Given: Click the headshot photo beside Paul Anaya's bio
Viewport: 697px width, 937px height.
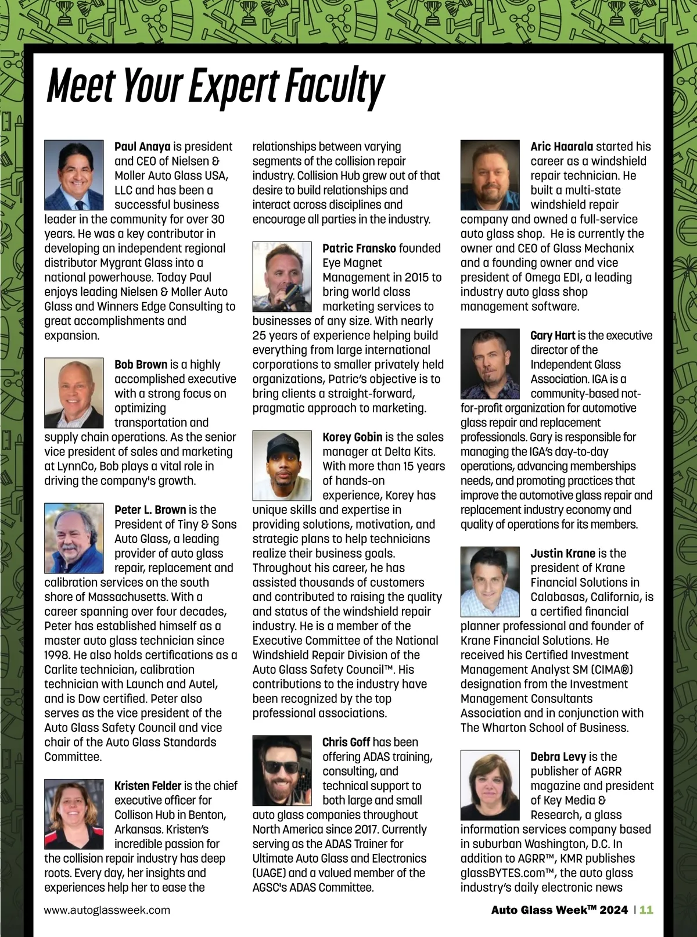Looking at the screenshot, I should click(x=74, y=175).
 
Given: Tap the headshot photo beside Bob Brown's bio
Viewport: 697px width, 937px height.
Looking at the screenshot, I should click(x=74, y=393).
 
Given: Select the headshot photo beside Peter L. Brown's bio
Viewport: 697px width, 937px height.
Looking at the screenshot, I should click(x=74, y=538).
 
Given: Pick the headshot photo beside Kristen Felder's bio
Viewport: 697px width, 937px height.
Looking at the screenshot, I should click(x=74, y=814).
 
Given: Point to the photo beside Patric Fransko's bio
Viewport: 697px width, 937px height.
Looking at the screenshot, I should click(x=282, y=277).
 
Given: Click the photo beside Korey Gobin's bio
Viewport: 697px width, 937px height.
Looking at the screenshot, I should click(x=282, y=465).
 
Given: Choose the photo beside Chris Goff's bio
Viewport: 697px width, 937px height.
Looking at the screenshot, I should click(x=282, y=770).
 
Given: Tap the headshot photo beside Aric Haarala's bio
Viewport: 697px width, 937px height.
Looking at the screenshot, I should click(x=490, y=175).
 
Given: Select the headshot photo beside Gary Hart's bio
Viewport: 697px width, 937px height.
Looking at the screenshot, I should click(x=490, y=364).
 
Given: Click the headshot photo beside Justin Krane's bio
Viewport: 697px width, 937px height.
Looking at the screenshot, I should click(x=490, y=581).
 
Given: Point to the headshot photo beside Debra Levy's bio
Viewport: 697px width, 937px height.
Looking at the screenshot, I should click(x=490, y=785).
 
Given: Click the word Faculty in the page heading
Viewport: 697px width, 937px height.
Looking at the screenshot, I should click(x=334, y=86).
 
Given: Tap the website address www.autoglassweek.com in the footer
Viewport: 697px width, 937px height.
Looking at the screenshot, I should click(x=107, y=910).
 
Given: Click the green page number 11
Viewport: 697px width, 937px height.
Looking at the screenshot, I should click(x=646, y=910).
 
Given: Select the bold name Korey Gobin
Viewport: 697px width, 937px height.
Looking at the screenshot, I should click(x=352, y=437).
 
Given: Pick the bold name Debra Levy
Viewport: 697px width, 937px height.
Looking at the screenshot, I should click(x=558, y=756).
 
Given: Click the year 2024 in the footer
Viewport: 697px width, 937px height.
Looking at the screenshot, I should click(x=614, y=910).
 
